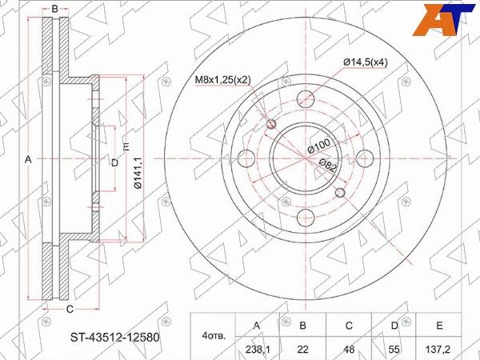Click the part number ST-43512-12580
[115, 338]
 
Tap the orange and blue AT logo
[442, 20]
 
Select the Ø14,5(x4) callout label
[366, 62]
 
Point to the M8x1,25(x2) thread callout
[223, 80]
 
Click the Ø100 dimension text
[319, 146]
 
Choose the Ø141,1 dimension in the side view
[138, 173]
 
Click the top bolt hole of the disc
[306, 99]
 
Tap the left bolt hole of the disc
[246, 158]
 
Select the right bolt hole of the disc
[366, 158]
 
